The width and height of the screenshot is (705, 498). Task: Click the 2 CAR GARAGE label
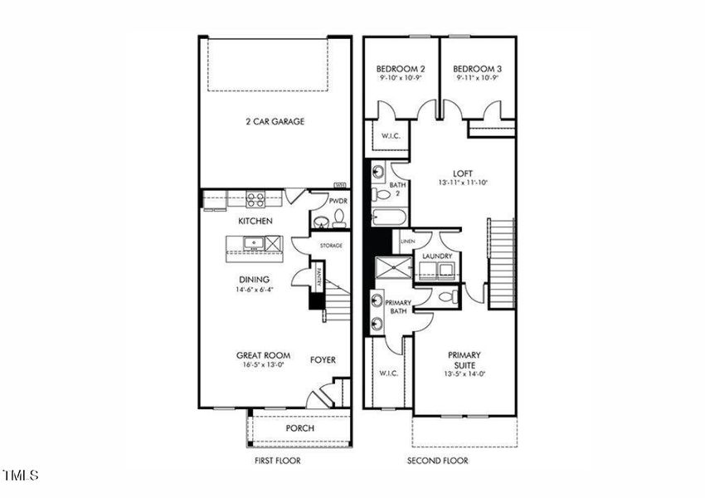click(x=275, y=122)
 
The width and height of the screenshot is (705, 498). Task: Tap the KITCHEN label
click(x=255, y=222)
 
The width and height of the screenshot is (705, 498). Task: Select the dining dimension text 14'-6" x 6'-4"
click(x=255, y=290)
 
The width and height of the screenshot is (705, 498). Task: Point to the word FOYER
click(x=323, y=360)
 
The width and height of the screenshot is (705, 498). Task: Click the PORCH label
click(x=299, y=428)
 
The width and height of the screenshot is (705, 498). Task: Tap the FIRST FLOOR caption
click(x=277, y=461)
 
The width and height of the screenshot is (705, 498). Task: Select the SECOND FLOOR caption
click(x=437, y=461)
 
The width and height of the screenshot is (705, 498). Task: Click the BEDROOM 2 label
click(x=401, y=68)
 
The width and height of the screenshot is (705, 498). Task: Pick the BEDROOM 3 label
click(x=478, y=68)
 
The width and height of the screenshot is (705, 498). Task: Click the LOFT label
click(x=451, y=173)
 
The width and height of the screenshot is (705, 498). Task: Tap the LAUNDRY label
click(x=436, y=256)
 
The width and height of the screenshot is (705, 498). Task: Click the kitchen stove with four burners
click(x=255, y=199)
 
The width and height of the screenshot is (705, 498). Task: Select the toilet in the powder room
click(x=338, y=220)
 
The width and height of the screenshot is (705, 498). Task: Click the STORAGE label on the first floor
click(x=332, y=246)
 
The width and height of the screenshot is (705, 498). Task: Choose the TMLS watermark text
click(x=21, y=476)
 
